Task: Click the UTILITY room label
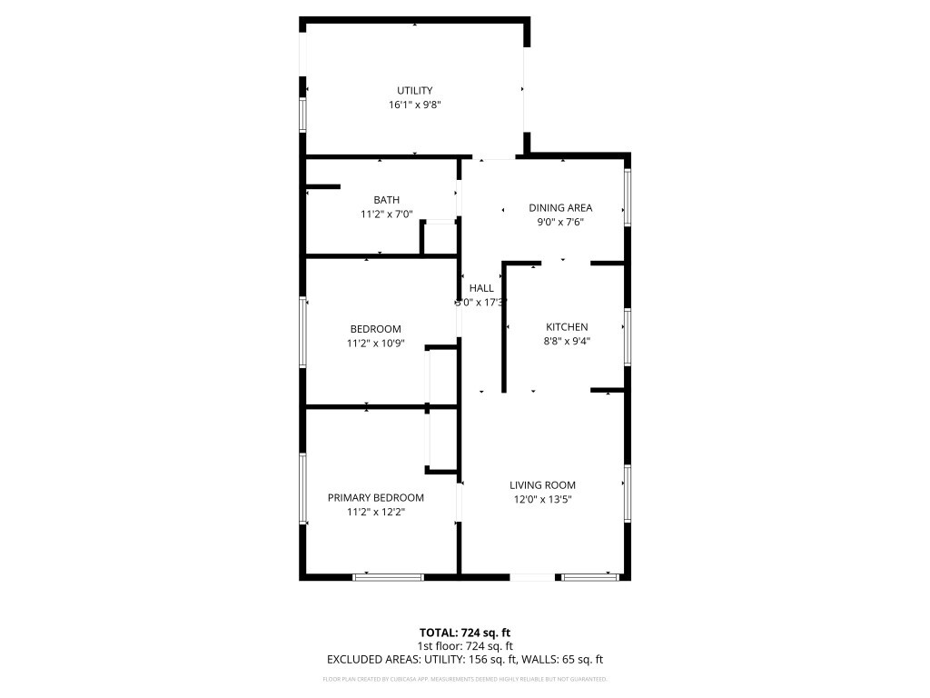coord(414,90)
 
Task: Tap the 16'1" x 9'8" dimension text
coord(414,105)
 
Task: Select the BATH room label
coord(386,200)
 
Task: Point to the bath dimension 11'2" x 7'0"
coord(386,215)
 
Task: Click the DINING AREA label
coord(560,208)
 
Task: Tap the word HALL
coord(481,288)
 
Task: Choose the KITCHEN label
coord(567,327)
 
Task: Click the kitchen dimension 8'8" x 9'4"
coord(567,343)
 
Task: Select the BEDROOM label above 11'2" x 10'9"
coord(375,329)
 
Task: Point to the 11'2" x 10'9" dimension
coord(375,344)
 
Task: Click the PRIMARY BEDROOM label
coord(375,498)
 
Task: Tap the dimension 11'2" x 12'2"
coord(375,513)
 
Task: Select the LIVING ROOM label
coord(542,485)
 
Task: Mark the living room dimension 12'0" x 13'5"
coord(542,500)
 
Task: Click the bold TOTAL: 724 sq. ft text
coord(464,633)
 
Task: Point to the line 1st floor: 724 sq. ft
coord(464,646)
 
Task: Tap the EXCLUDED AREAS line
coord(464,660)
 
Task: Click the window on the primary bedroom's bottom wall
coord(388,576)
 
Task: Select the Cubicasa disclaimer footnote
coord(464,679)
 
